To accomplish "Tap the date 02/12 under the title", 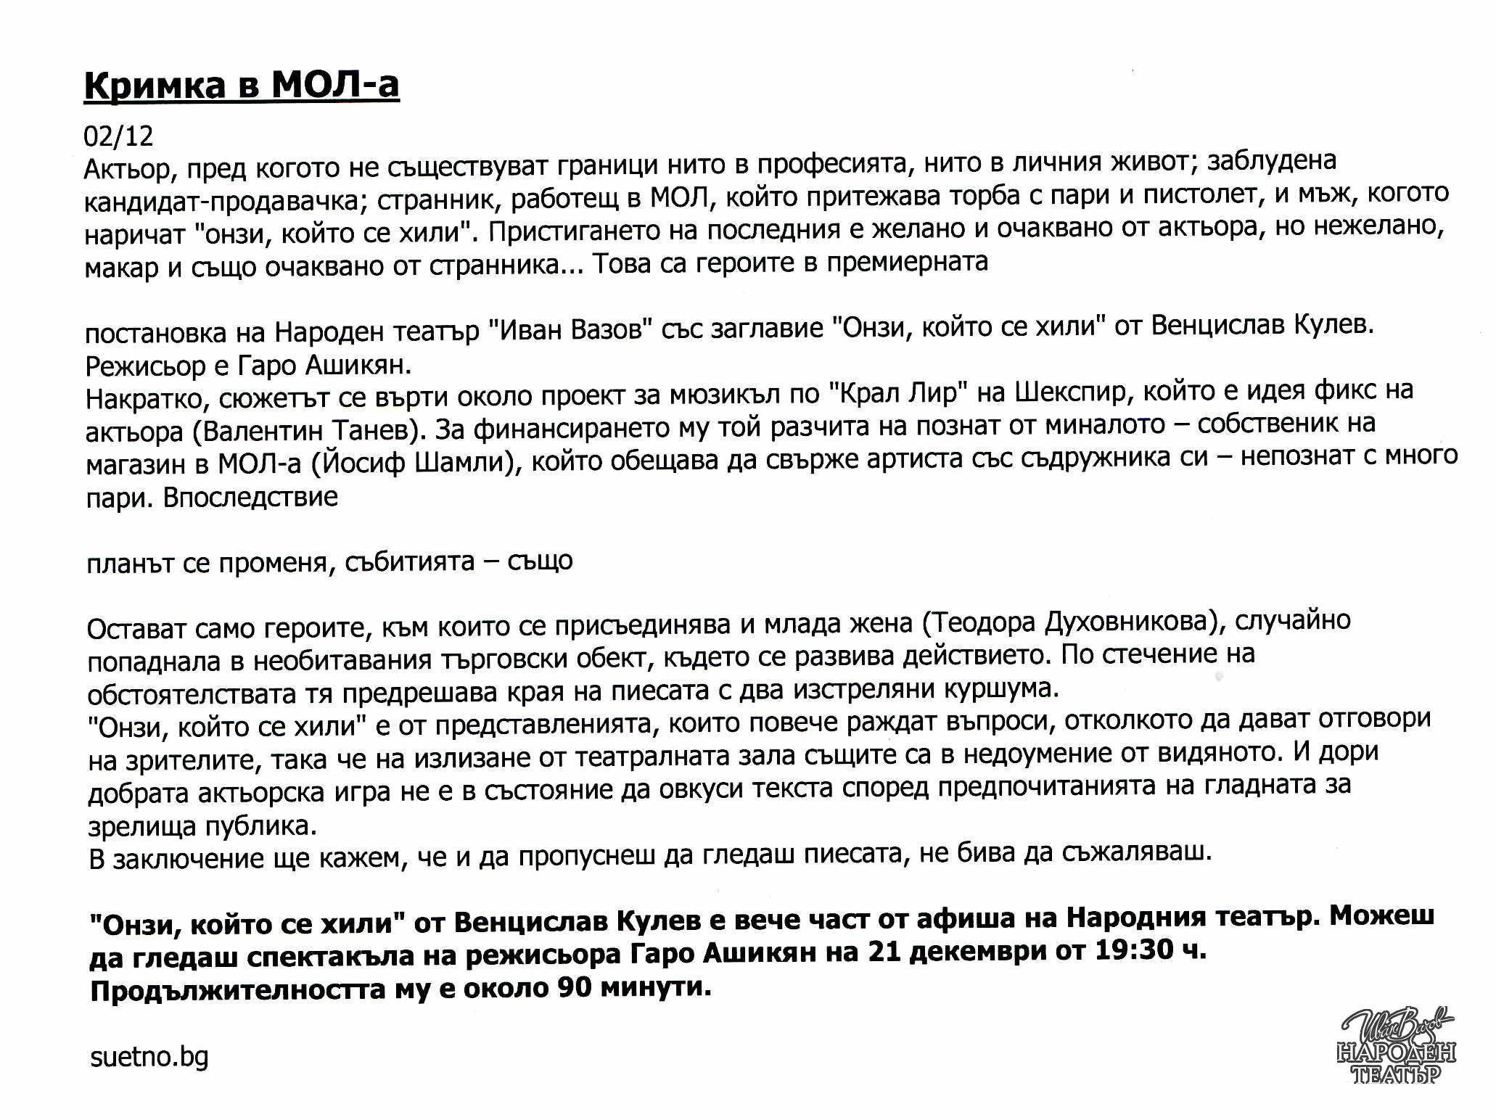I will [x=119, y=136].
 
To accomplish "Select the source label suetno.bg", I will [x=149, y=1057].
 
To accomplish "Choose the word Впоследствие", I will [x=251, y=498].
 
